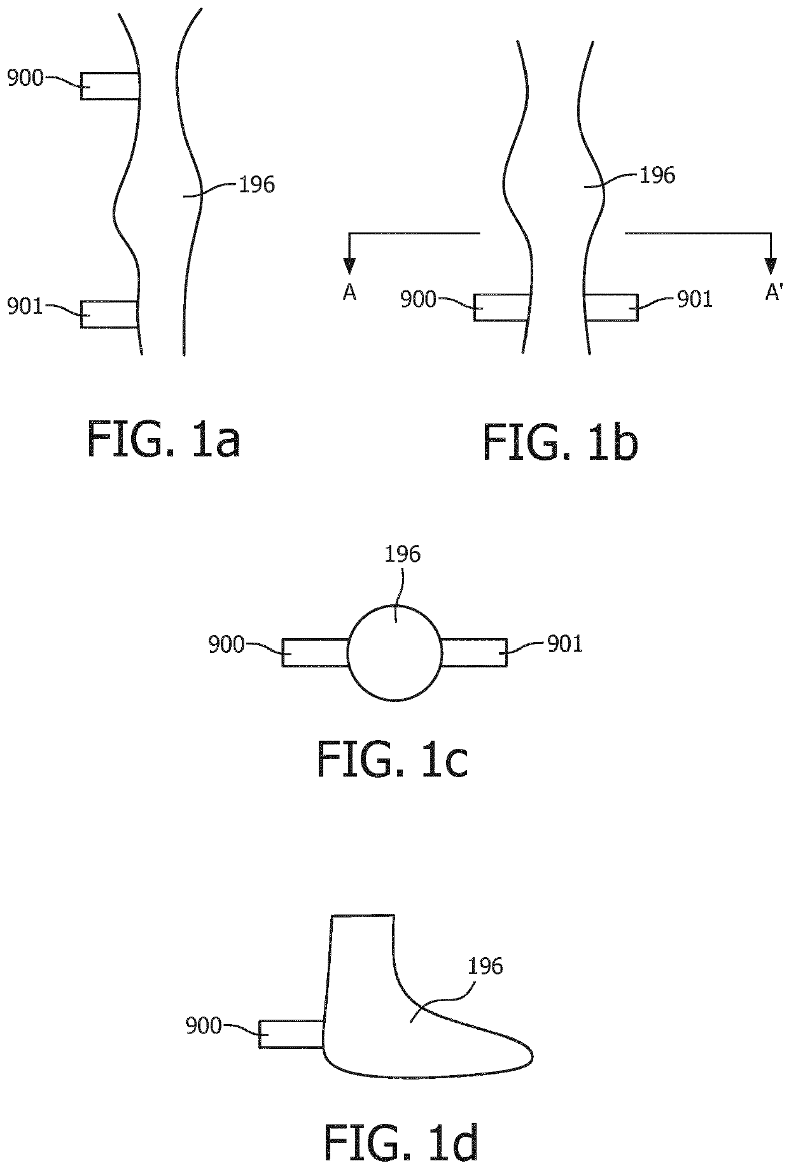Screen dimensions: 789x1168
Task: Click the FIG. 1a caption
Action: (164, 439)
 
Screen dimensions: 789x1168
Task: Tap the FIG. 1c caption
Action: (393, 760)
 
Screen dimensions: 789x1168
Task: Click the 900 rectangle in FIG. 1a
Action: (110, 86)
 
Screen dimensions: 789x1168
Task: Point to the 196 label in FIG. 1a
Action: (256, 185)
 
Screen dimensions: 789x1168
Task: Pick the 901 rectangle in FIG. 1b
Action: (611, 307)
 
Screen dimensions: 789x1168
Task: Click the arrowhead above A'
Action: (771, 265)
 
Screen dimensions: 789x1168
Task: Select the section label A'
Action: (773, 292)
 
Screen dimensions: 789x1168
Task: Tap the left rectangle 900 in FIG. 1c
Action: (316, 653)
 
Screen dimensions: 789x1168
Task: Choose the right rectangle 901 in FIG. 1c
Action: (474, 653)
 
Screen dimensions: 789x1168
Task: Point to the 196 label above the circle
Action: (403, 554)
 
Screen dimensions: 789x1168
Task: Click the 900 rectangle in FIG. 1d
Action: (292, 1034)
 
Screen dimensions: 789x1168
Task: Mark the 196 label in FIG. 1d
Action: (485, 967)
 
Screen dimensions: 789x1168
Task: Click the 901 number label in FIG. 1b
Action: (695, 299)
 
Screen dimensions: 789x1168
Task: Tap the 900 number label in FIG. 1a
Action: (25, 78)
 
